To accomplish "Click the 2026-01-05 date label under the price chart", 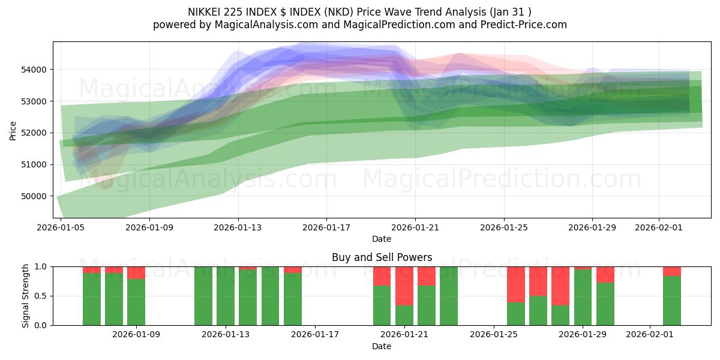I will (61, 228).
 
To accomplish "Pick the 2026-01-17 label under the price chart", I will (326, 228).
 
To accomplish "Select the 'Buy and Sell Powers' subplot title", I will (382, 257).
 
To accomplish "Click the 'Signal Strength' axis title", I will (25, 296).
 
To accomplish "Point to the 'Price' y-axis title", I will (13, 130).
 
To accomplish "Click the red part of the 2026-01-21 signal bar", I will (404, 286).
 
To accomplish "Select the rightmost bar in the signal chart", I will (672, 300).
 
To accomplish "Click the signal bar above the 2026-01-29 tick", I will (583, 297).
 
